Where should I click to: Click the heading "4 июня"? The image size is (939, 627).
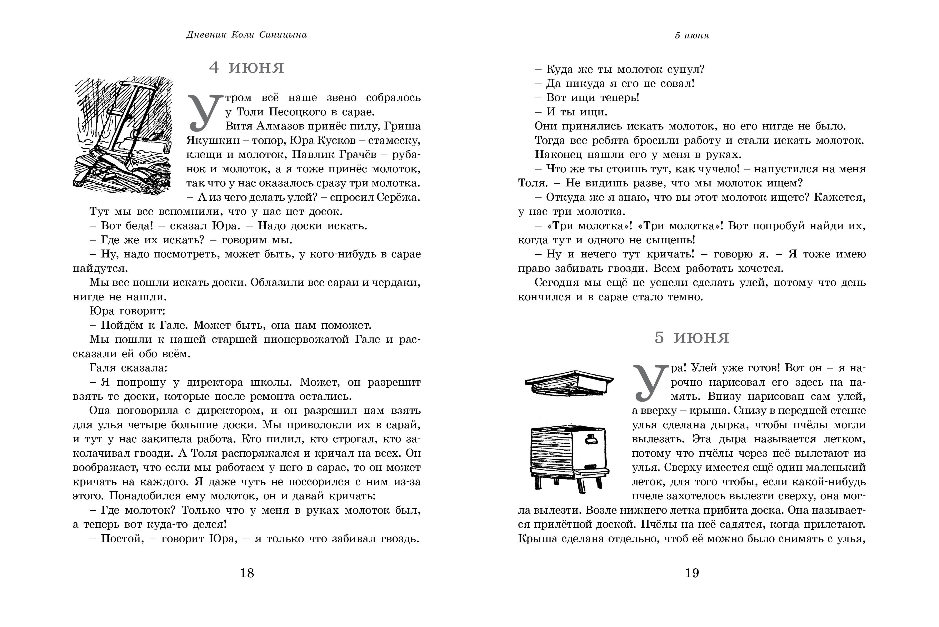click(246, 68)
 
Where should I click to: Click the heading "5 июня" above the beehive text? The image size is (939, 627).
click(692, 338)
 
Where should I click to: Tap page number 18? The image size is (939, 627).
click(247, 573)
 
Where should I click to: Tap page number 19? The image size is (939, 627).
click(692, 573)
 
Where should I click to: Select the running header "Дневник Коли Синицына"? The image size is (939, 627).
click(246, 35)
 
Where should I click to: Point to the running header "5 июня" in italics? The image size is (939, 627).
click(692, 36)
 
